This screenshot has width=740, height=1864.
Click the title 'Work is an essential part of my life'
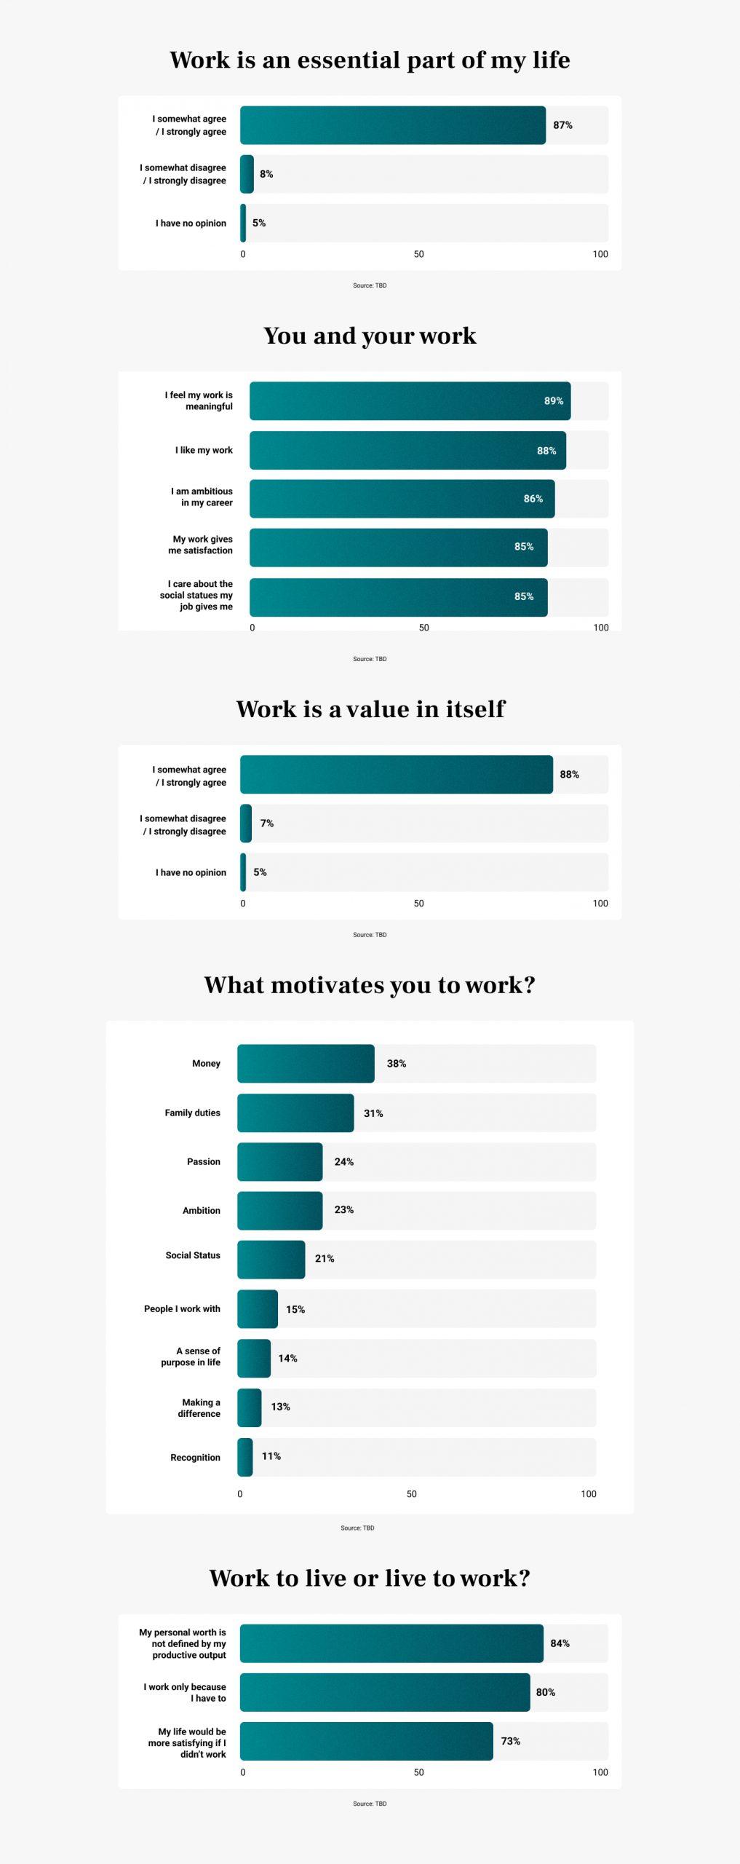pos(370,60)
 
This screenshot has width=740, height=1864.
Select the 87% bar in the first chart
pos(393,125)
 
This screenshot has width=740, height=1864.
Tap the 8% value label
pos(266,174)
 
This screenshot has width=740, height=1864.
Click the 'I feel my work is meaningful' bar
pos(410,401)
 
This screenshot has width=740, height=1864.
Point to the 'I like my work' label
pos(204,450)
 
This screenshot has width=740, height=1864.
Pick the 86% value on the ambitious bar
pos(533,499)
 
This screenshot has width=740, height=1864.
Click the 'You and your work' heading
pos(370,336)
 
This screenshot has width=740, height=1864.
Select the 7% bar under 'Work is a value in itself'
pos(246,824)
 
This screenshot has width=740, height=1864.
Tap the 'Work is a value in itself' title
pos(370,709)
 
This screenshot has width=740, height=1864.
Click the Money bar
pos(306,1064)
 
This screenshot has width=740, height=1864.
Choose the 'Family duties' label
pos(192,1113)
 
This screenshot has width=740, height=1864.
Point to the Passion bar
pos(279,1162)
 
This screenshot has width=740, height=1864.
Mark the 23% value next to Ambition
pos(344,1209)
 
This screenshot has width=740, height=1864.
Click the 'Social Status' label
pos(193,1255)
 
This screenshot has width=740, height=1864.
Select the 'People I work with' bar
pos(258,1309)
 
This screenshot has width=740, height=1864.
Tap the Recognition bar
pos(245,1457)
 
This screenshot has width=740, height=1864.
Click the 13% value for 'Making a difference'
pos(280,1407)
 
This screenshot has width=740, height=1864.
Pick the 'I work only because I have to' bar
pos(385,1692)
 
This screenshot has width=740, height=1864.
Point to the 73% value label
pos(511,1741)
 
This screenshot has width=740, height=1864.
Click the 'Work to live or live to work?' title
pos(370,1578)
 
